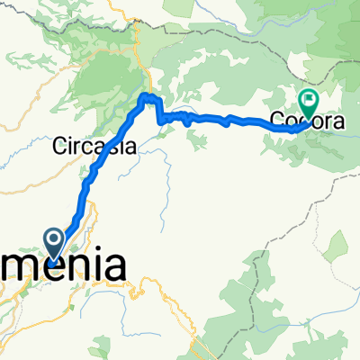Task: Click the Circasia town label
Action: coord(94,145)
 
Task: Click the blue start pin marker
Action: coord(54,241)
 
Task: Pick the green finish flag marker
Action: coord(310,104)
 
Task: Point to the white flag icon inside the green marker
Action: coord(310,100)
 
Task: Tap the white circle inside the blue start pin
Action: coord(54,238)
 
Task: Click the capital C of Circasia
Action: coord(61,145)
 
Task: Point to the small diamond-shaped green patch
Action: coord(338,243)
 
